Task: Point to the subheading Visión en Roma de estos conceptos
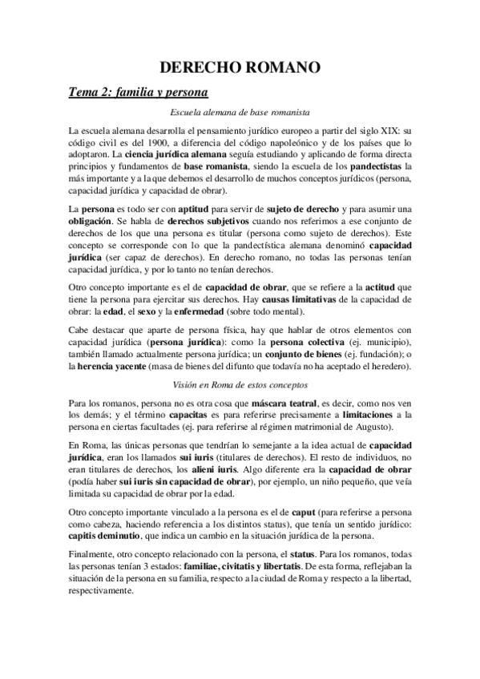(240, 384)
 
